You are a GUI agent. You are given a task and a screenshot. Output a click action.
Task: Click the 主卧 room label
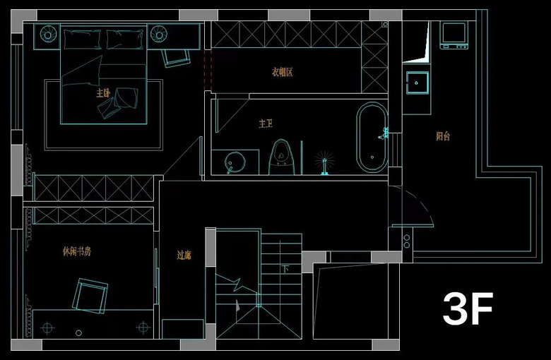point(103,92)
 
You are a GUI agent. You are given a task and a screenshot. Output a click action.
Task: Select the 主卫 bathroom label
point(266,124)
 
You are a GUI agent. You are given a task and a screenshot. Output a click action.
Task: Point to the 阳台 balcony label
point(443,136)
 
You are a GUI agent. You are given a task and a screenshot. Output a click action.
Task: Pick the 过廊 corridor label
point(184,256)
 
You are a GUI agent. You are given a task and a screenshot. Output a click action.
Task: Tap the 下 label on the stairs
point(285,269)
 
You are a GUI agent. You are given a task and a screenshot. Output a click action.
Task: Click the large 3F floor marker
point(467,309)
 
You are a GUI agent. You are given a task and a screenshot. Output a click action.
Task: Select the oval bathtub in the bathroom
point(372,138)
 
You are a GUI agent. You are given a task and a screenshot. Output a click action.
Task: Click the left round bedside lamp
point(49,33)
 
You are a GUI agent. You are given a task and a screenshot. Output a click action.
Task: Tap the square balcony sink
point(417,83)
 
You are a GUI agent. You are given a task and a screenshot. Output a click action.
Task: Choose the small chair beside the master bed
point(175,56)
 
